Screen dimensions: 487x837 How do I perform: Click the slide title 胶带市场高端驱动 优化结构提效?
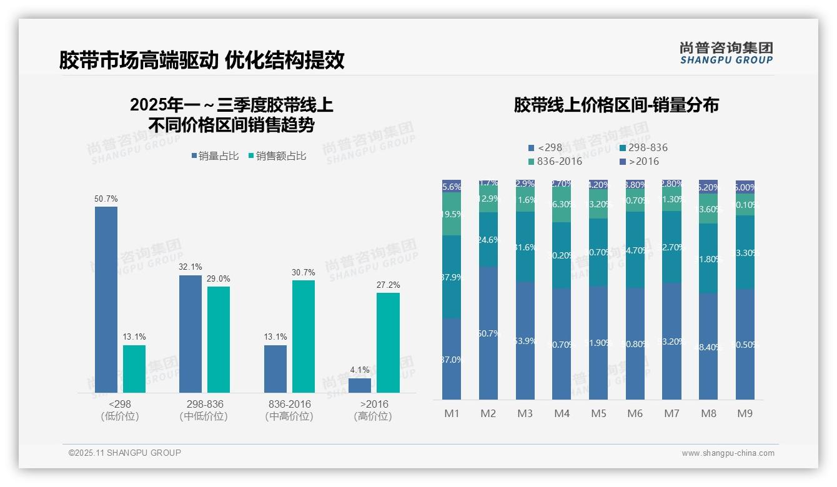(x=202, y=60)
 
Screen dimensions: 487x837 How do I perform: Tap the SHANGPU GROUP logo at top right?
(x=726, y=53)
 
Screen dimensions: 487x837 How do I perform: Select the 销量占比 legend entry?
(x=215, y=156)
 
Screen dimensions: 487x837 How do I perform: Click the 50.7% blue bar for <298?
(x=106, y=300)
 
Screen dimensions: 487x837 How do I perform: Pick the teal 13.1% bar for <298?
(x=134, y=369)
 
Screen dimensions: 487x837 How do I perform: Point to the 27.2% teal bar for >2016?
(x=388, y=343)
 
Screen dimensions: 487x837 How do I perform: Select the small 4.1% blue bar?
(x=360, y=385)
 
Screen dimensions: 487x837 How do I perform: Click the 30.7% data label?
(x=304, y=272)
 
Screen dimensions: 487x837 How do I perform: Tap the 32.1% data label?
(x=191, y=267)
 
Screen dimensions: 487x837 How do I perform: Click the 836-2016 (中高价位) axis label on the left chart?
(x=289, y=410)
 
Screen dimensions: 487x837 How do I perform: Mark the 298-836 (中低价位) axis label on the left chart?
(x=204, y=410)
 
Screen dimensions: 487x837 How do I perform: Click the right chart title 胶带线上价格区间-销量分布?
(x=616, y=105)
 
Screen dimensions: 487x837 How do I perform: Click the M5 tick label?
(x=598, y=413)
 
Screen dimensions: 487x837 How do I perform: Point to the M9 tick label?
(x=745, y=413)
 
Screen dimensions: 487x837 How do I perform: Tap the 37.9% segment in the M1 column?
(x=452, y=277)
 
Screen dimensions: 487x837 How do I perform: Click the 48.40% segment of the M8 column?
(x=708, y=347)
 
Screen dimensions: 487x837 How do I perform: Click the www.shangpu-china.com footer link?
(x=728, y=453)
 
